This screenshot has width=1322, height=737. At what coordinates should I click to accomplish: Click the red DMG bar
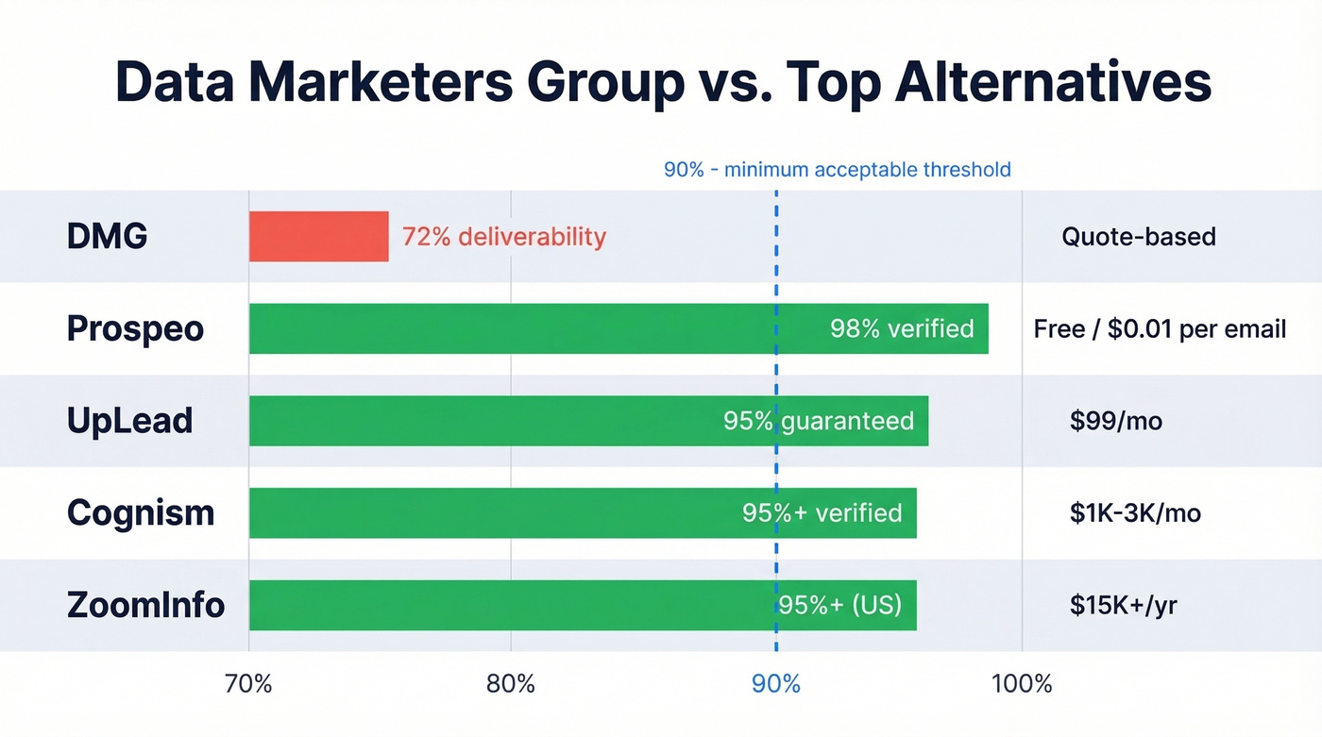pos(318,236)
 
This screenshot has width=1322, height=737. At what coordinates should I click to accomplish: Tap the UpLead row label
pos(129,421)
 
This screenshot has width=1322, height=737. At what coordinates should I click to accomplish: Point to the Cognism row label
pos(141,513)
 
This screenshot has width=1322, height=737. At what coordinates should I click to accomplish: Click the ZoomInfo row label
pos(145,605)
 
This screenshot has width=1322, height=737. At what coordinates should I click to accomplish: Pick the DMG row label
pos(107,236)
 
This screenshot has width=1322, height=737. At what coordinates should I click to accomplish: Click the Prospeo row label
pos(135,328)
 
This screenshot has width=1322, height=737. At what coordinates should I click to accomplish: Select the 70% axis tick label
pos(248,683)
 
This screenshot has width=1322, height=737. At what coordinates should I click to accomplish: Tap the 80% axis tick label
pos(510,683)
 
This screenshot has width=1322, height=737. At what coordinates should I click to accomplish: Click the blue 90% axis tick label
pos(775,683)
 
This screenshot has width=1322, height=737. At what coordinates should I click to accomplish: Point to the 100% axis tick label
pos(1022,683)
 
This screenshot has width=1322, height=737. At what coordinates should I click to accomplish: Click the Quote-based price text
pos(1138,236)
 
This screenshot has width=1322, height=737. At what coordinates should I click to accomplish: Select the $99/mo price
pos(1115,421)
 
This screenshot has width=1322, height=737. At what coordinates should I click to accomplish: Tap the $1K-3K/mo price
pos(1134,513)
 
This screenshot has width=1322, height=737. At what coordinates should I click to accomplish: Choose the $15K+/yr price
pos(1123,605)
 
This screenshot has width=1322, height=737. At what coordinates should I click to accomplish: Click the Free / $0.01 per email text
pos(1160,328)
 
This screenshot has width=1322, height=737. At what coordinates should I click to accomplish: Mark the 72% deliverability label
pos(503,236)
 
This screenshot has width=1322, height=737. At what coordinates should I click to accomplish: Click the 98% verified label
pos(901,328)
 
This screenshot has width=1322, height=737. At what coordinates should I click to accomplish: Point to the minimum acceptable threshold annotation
pos(837,170)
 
